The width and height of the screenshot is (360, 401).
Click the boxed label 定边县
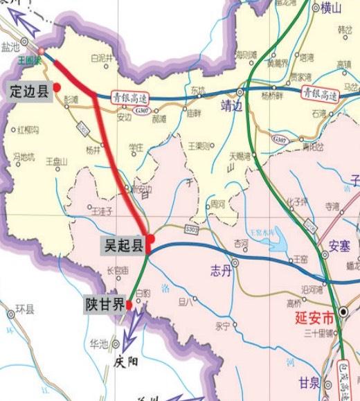click(x=29, y=90)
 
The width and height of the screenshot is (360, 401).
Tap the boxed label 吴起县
click(x=121, y=244)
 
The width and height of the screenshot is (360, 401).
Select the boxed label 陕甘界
click(x=105, y=305)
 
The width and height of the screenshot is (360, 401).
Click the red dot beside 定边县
click(x=57, y=86)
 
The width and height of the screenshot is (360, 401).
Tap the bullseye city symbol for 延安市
click(x=343, y=312)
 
